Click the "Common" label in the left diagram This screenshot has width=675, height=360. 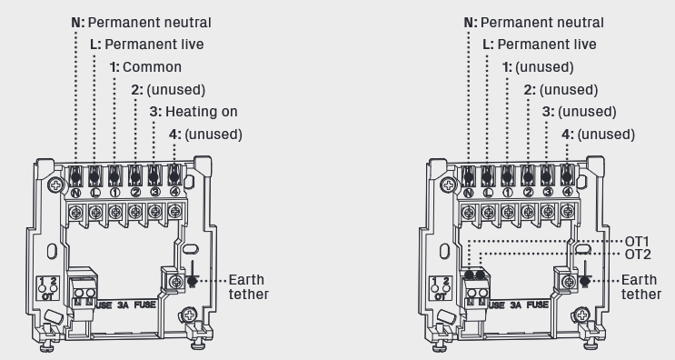152,67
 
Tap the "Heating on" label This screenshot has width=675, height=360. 202,112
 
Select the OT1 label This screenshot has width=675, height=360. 637,242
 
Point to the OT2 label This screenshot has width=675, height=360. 638,255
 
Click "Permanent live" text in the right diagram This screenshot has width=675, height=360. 547,45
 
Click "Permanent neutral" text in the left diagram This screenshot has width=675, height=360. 149,23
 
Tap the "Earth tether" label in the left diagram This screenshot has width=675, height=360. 248,286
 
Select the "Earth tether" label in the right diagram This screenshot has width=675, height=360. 641,286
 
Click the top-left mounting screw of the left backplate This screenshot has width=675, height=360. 55,185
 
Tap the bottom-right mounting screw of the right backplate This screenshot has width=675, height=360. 581,315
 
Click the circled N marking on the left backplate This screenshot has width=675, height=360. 75,193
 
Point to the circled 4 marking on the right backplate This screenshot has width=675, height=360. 568,192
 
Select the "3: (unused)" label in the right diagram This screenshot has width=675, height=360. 579,112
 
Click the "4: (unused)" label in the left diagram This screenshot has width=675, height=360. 205,135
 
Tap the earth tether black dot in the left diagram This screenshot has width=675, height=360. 192,282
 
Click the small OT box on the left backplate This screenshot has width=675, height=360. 47,288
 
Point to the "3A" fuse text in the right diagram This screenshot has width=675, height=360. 515,305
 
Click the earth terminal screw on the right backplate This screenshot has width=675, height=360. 569,282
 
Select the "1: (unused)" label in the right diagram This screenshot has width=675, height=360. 538,67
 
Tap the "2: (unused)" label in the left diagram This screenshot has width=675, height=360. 168,90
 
